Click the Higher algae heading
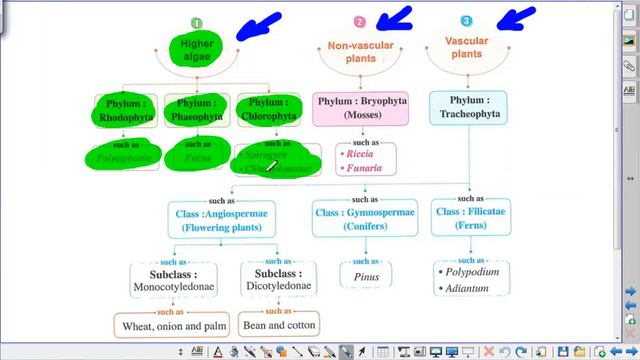coord(197,50)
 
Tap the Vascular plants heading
coord(468,46)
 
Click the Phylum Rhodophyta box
coord(126,109)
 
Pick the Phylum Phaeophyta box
coord(197,109)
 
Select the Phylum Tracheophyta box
coord(468,109)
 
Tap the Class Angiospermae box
coord(221,220)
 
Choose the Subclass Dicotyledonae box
coord(281,280)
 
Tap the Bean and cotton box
coord(280,325)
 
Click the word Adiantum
coord(467,289)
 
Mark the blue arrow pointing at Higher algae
coord(259,24)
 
